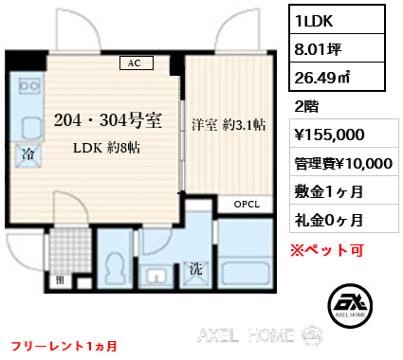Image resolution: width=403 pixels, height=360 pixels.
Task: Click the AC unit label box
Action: [137, 63]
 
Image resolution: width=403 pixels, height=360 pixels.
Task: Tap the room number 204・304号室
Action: [108, 120]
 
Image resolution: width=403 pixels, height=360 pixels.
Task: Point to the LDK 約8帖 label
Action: [106, 148]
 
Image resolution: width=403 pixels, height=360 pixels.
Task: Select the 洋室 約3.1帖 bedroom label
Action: [229, 125]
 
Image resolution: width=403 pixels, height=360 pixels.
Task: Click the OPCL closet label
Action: [247, 205]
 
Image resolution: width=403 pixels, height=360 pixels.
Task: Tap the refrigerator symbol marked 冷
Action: [28, 154]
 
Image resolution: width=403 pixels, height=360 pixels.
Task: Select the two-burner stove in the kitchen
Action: [29, 86]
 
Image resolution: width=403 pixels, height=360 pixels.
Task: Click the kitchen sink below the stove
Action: [32, 129]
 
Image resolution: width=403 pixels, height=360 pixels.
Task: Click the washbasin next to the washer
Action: [156, 276]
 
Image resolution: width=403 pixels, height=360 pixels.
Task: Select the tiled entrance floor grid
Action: [70, 250]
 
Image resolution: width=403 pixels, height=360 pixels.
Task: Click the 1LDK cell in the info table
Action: [337, 20]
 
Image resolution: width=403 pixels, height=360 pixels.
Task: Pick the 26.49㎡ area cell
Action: [337, 77]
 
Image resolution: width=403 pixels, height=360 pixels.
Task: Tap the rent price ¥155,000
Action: [329, 135]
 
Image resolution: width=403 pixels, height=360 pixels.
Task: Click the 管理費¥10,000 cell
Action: [344, 162]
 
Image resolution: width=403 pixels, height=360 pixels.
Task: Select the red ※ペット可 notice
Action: [327, 250]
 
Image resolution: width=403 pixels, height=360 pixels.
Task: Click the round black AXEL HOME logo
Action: [350, 305]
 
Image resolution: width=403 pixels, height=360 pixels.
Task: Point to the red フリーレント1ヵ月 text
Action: [64, 346]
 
